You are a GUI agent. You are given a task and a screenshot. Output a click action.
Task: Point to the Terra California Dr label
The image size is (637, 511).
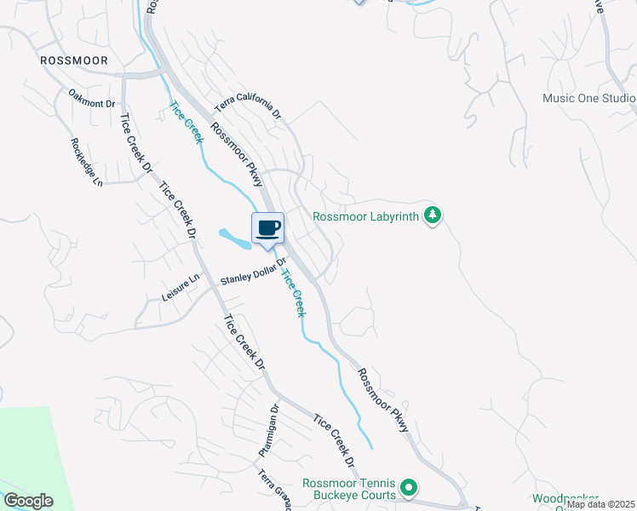tap(247, 106)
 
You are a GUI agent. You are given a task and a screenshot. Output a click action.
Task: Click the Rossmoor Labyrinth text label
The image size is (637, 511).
tap(366, 216)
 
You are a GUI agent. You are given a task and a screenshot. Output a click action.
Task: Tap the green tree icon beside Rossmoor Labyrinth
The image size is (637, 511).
tap(433, 215)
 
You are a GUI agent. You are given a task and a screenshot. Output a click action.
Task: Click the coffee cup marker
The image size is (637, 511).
tap(267, 228)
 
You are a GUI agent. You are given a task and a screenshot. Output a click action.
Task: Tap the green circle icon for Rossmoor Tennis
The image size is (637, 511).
tap(409, 488)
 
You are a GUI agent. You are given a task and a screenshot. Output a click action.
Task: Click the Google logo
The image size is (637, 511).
tap(28, 501)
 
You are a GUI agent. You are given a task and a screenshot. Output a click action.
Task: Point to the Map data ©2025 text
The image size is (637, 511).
tap(600, 504)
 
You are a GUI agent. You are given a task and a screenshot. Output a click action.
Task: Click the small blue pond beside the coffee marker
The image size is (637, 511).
tap(233, 238)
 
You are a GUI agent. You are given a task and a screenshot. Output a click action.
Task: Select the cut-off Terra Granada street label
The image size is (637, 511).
tap(276, 491)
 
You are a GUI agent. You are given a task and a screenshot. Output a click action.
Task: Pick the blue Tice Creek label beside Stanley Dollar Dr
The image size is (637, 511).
tap(293, 294)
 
